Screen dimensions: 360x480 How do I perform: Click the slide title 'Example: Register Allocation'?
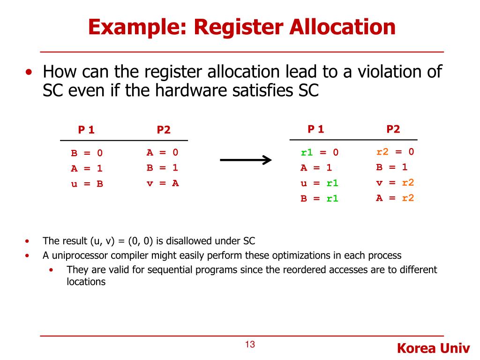tap(241, 27)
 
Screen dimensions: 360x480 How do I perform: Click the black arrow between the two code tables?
tap(246, 160)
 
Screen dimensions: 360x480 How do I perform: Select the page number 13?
tap(250, 345)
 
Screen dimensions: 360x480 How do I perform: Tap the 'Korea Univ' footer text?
tap(433, 348)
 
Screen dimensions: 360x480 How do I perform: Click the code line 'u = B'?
tap(87, 184)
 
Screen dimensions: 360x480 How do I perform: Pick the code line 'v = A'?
tap(163, 183)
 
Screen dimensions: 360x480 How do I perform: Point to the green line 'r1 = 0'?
tap(319, 152)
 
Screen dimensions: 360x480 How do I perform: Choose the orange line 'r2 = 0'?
tap(395, 151)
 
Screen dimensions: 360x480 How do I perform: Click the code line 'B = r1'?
tap(319, 198)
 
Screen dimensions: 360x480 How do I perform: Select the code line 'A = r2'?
tap(395, 198)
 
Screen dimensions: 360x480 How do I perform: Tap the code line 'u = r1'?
tap(319, 183)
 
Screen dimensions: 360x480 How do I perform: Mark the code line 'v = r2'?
tap(395, 183)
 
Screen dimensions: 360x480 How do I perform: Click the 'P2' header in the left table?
tap(164, 130)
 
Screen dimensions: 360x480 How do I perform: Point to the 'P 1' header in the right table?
tap(316, 129)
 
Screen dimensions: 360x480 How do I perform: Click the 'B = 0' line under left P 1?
tap(87, 153)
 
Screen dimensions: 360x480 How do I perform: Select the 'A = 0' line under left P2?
tap(163, 152)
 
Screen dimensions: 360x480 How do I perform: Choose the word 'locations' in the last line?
tap(86, 282)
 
